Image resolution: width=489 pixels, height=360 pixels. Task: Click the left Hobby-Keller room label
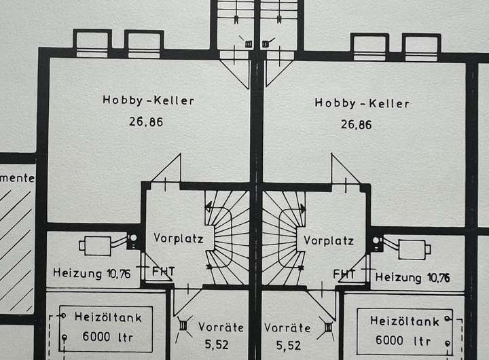[x=149, y=101]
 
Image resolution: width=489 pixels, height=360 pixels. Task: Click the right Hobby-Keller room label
[x=362, y=103]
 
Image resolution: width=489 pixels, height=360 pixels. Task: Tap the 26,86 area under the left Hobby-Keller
[x=145, y=122]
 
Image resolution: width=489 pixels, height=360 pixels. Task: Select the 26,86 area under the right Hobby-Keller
[x=357, y=125]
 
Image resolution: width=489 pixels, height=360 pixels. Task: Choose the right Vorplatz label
[x=329, y=240]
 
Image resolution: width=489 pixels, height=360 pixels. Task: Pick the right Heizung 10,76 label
[x=412, y=277]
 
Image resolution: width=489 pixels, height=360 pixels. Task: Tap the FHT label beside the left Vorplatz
[x=162, y=272]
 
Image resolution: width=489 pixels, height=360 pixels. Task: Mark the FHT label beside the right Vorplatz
[x=346, y=273]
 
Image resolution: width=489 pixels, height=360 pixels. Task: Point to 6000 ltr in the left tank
[x=107, y=336]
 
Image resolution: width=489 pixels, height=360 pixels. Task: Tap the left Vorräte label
[x=221, y=327]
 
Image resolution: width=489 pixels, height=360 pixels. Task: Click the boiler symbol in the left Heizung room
[x=99, y=245]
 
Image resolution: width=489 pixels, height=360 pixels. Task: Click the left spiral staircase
[x=227, y=237]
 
